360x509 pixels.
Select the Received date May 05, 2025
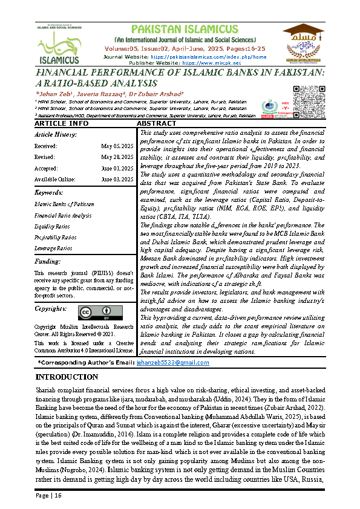point(117,146)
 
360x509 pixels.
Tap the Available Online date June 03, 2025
point(116,179)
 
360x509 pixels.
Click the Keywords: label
point(49,193)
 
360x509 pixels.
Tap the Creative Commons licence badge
point(96,312)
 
